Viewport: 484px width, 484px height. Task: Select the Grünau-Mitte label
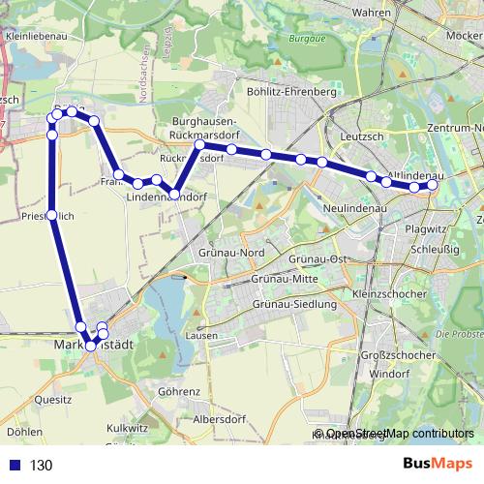click(285, 279)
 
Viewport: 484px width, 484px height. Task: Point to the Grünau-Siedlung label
click(293, 304)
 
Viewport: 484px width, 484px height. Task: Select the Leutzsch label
click(363, 137)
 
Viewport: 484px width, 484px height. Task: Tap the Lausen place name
click(200, 335)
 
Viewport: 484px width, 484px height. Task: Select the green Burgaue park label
click(307, 41)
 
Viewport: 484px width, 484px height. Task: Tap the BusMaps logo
click(437, 464)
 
